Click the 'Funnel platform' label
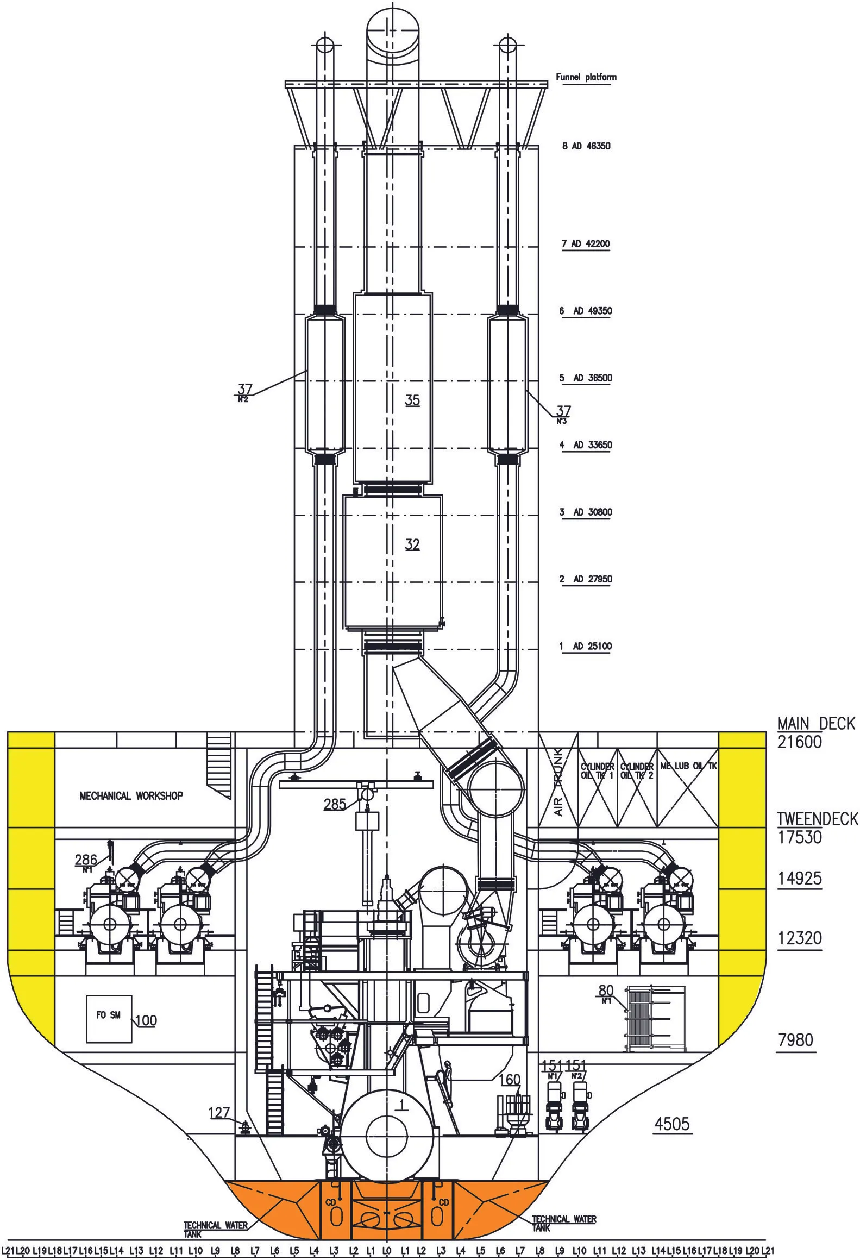tap(586, 77)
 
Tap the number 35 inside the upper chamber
tap(412, 400)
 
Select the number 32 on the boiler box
tap(412, 544)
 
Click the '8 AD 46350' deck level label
tap(586, 146)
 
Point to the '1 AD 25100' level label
tap(586, 646)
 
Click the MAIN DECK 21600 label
tap(815, 733)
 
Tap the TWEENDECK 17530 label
tap(817, 828)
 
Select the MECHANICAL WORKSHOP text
tap(131, 796)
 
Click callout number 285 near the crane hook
tap(335, 804)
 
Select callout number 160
tap(510, 1080)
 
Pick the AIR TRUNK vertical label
tap(560, 782)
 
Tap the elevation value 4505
tap(672, 1124)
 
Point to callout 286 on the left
tap(86, 860)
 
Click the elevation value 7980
tap(795, 1040)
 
